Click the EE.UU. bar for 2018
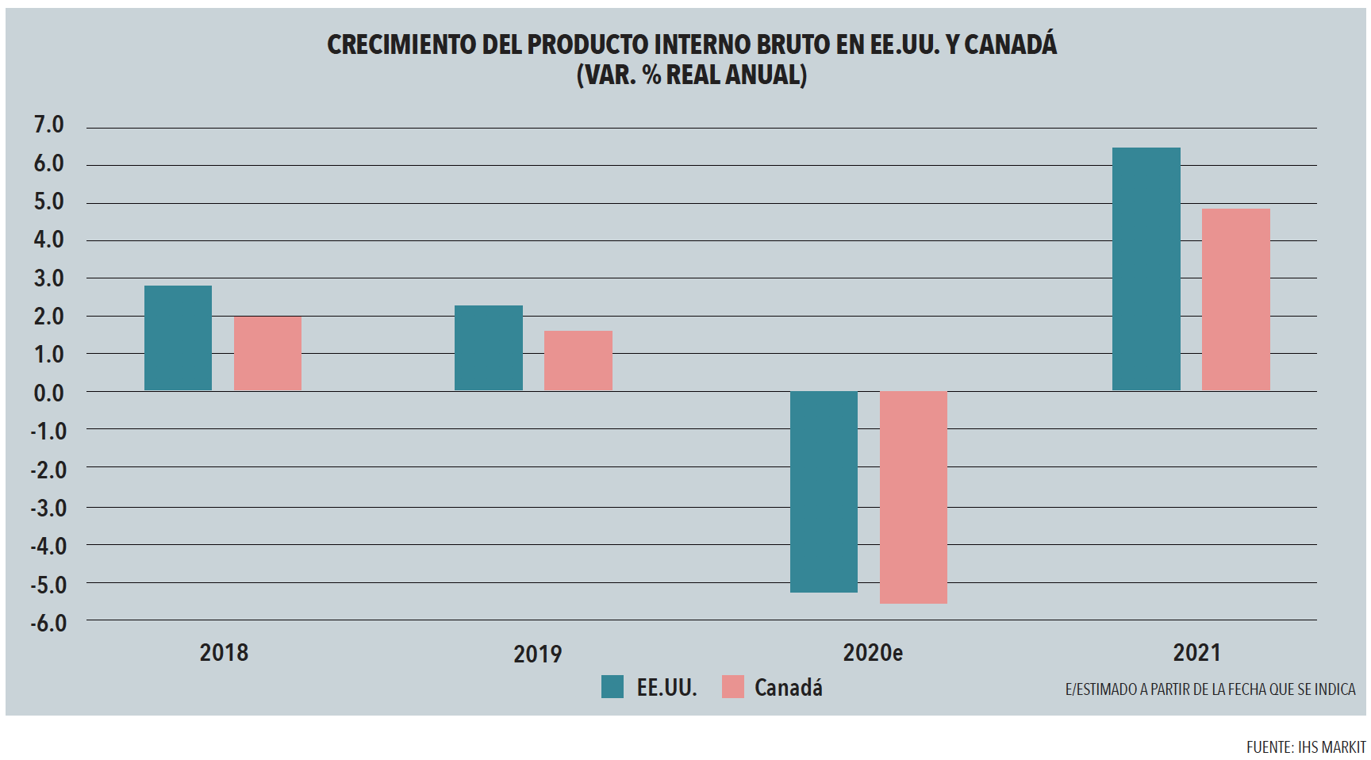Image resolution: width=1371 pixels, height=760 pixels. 178,338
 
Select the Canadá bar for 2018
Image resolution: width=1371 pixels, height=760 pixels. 267,354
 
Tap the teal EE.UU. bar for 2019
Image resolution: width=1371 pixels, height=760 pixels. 488,348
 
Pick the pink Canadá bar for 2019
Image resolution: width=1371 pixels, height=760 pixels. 578,361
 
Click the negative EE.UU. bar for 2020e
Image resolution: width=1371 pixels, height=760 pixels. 824,492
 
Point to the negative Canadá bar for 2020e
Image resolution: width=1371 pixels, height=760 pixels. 913,497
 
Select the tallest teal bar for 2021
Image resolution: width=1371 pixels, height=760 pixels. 1146,270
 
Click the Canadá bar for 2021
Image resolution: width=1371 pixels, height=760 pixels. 1235,300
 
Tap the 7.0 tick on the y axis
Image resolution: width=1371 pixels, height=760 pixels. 48,125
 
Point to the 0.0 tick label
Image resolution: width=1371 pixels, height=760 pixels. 48,393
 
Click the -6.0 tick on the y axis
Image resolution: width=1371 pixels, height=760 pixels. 48,623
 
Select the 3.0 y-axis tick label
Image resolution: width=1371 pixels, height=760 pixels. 48,278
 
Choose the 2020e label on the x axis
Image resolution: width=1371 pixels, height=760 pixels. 872,653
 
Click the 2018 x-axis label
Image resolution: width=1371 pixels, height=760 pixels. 224,653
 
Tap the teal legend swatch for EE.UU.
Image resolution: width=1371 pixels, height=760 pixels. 613,687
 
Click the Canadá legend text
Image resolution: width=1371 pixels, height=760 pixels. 788,687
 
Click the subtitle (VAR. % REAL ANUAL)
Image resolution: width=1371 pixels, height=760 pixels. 691,75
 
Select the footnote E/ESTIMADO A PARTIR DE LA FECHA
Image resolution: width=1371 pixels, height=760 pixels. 1210,689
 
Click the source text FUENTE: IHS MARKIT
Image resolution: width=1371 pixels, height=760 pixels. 1305,747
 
